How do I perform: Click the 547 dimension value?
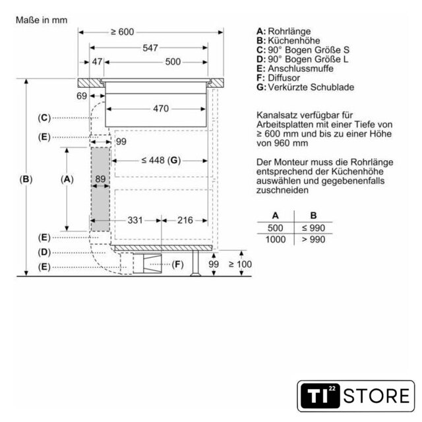[x=150, y=48]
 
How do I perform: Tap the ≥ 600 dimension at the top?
[x=123, y=32]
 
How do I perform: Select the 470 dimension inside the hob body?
[x=161, y=109]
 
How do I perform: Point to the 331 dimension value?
[x=135, y=220]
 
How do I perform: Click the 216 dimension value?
[x=185, y=220]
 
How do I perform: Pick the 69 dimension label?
[x=82, y=96]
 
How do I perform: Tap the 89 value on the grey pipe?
[x=100, y=179]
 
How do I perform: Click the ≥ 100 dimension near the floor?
[x=240, y=264]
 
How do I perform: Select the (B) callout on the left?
[x=26, y=179]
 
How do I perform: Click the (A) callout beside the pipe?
[x=67, y=179]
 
